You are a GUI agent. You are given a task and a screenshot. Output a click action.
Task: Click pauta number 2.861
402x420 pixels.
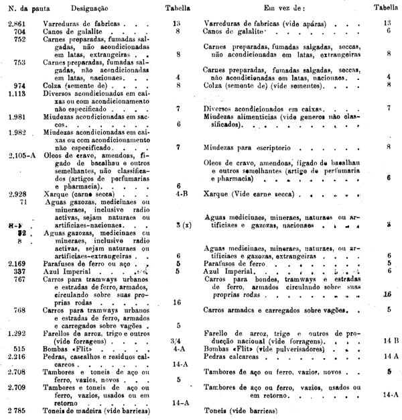click(x=14, y=23)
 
